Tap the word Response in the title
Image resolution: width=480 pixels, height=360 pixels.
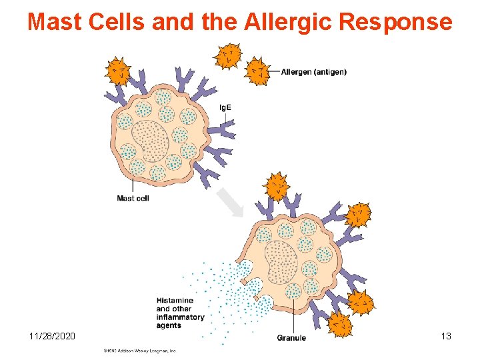396,22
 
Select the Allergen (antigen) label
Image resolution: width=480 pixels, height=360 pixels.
313,72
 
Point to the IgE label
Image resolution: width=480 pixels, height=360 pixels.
225,108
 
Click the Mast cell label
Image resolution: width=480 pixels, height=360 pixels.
133,198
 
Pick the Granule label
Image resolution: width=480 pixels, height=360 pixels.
291,338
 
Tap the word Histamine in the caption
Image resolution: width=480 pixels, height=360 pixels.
175,301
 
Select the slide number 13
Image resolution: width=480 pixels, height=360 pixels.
445,336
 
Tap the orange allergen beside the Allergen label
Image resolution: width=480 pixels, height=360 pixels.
257,71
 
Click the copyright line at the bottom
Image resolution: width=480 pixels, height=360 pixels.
139,350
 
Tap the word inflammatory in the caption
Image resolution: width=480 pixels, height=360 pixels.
180,317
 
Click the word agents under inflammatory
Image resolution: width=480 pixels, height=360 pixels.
169,325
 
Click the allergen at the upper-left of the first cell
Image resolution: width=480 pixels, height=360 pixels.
119,71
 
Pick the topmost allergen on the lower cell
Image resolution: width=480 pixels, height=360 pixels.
275,187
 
